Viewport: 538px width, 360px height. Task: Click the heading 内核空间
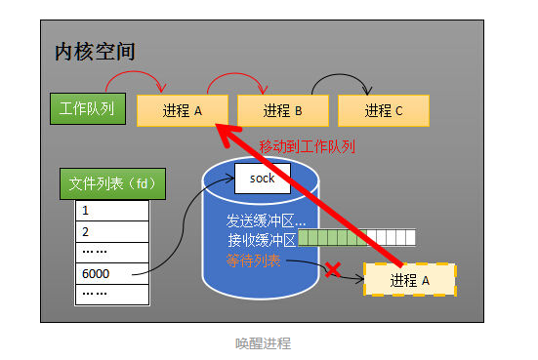coord(94,52)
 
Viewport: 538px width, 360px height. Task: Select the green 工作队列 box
coord(87,108)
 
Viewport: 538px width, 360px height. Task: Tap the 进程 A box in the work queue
coord(183,111)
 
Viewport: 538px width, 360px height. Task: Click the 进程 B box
coord(283,111)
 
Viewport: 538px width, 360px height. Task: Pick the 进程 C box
coord(384,111)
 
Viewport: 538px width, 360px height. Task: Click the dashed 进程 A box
coord(409,280)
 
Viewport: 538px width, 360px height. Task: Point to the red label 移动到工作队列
coord(307,147)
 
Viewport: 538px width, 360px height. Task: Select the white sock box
coord(263,179)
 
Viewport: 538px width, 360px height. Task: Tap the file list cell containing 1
coord(112,211)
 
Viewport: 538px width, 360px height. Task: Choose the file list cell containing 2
coord(112,231)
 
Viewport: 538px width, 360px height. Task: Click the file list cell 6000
coord(112,273)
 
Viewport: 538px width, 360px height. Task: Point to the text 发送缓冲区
coord(266,220)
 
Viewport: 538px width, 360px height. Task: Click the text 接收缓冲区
coord(261,239)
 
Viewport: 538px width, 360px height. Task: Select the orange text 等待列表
coord(254,260)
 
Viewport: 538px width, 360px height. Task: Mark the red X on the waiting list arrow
coord(333,269)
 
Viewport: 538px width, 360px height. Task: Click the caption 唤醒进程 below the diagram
coord(263,343)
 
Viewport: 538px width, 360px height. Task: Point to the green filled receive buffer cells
coord(328,238)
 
